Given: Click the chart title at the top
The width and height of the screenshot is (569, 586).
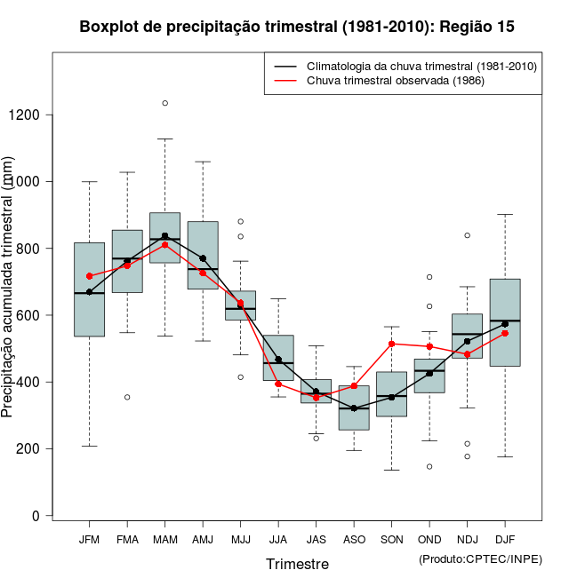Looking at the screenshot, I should (297, 27).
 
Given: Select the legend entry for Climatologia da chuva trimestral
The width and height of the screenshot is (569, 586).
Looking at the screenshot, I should (421, 67).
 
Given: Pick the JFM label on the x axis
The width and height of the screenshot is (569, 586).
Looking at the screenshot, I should (89, 539).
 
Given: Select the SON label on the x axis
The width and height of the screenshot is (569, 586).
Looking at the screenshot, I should (391, 539).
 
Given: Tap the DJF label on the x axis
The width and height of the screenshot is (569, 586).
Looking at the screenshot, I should (505, 539).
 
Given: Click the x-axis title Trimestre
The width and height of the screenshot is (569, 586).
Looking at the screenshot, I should (297, 564).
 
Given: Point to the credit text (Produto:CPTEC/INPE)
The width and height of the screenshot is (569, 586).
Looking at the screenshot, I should (480, 558).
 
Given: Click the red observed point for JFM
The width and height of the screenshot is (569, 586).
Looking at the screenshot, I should (89, 276).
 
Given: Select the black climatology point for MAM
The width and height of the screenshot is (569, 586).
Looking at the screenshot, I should (164, 236).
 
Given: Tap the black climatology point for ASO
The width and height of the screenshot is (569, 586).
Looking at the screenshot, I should (354, 408).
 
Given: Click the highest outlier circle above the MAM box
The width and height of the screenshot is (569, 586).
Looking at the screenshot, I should (164, 103).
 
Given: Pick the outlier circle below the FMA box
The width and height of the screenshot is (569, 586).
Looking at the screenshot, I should (127, 397).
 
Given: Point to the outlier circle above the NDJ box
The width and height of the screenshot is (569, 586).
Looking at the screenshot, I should (467, 235).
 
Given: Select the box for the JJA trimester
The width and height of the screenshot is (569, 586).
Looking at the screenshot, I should (278, 357).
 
